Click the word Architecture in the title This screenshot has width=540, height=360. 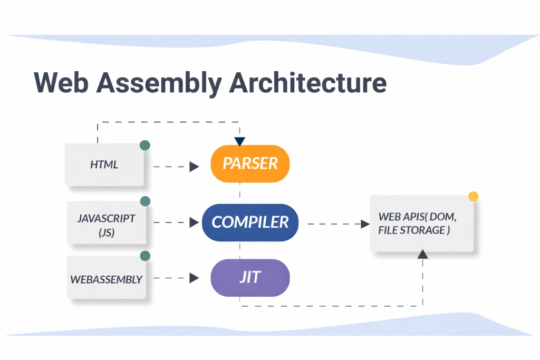click(x=308, y=83)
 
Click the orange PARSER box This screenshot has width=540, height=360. click(x=250, y=163)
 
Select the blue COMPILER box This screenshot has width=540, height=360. click(x=250, y=222)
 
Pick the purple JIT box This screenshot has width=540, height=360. click(x=250, y=277)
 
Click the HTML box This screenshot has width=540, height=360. click(x=104, y=164)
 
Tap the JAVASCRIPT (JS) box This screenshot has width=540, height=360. click(x=107, y=223)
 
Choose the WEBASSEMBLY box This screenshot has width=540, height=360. click(x=107, y=278)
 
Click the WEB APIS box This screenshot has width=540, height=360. click(x=422, y=223)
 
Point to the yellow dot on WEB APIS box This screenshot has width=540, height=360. click(x=474, y=197)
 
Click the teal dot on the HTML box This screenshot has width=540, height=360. click(x=144, y=145)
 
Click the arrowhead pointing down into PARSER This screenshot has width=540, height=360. click(x=240, y=141)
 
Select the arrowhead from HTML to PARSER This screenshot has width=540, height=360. click(x=194, y=167)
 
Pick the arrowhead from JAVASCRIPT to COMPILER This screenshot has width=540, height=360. click(x=194, y=222)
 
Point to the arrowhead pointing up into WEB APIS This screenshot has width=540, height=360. click(x=422, y=255)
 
